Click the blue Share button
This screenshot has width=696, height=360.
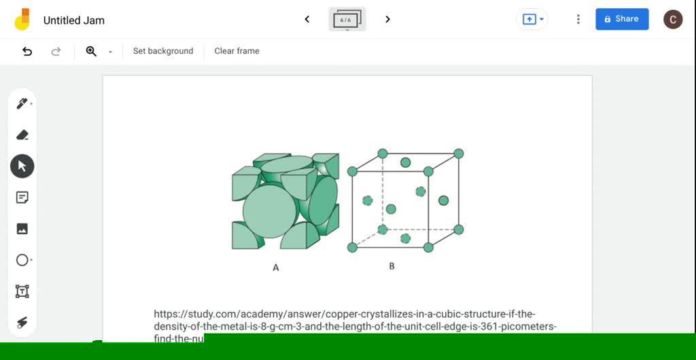tap(622, 19)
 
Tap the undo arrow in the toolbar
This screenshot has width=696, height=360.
tap(27, 51)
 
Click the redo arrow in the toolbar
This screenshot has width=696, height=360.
tap(56, 51)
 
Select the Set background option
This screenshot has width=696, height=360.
tap(163, 51)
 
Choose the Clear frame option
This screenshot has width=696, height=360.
tap(237, 51)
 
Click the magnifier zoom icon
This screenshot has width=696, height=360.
tap(91, 51)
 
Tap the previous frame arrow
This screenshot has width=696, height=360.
tap(307, 19)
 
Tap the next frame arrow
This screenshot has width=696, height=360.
tap(387, 19)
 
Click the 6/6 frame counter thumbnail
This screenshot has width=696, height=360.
tap(347, 20)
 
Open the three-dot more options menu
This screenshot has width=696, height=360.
tap(578, 19)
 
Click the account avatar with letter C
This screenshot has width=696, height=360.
tap(672, 19)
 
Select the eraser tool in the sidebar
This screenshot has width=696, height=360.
tap(22, 134)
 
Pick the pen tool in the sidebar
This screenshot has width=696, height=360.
tap(22, 103)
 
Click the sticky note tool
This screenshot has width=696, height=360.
tap(22, 198)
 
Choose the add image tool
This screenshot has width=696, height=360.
tap(22, 229)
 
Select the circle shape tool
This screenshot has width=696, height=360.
tap(22, 260)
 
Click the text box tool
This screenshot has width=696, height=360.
tap(22, 291)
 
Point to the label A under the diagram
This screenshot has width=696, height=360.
tap(276, 268)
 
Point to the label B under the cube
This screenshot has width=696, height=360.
tap(391, 266)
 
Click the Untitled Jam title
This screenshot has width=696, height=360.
tap(74, 20)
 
